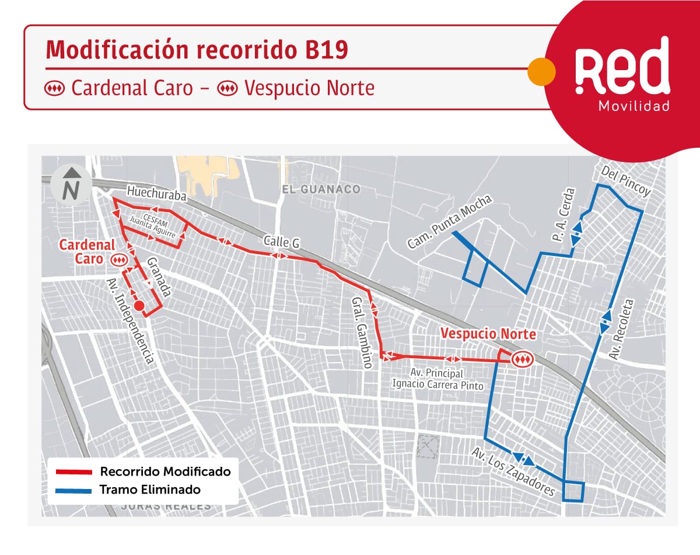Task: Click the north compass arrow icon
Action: [x=71, y=183]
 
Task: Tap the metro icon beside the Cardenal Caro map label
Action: [x=120, y=259]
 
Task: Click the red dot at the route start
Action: [x=139, y=306]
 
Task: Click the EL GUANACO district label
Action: [x=320, y=189]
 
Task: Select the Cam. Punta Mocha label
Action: [x=450, y=222]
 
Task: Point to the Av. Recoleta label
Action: [x=621, y=329]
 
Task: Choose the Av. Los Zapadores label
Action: [x=513, y=472]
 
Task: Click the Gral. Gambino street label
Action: [x=361, y=332]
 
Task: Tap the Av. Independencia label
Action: [x=130, y=321]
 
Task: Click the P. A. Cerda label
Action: [x=563, y=215]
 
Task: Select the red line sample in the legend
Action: [x=73, y=472]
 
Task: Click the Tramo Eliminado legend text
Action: [x=150, y=490]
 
